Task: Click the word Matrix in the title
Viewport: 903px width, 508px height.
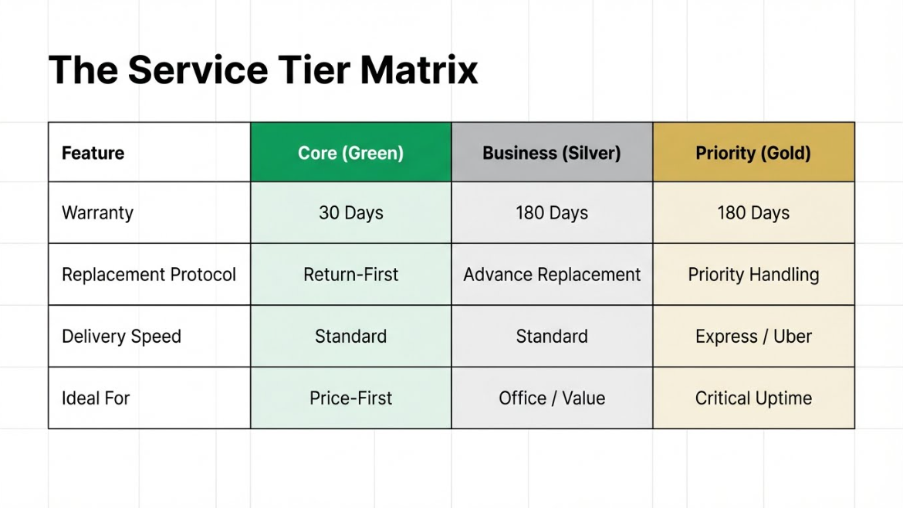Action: pyautogui.click(x=418, y=70)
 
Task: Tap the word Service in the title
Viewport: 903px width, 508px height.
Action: pyautogui.click(x=198, y=70)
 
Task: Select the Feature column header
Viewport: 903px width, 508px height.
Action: pyautogui.click(x=150, y=153)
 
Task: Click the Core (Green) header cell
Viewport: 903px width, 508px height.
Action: pyautogui.click(x=350, y=153)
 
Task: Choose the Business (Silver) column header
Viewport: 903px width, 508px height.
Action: pyautogui.click(x=552, y=153)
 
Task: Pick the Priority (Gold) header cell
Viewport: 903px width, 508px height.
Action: pyautogui.click(x=753, y=153)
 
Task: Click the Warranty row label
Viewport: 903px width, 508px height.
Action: pyautogui.click(x=150, y=212)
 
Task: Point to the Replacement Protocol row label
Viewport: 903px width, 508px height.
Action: pyautogui.click(x=150, y=274)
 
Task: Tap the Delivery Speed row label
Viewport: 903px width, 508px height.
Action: pyautogui.click(x=150, y=336)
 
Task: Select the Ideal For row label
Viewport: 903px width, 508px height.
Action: pyautogui.click(x=150, y=398)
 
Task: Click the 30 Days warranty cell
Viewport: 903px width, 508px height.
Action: pyautogui.click(x=350, y=212)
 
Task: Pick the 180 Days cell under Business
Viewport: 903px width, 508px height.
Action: pyautogui.click(x=552, y=212)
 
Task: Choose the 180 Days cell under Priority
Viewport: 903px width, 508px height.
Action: pyautogui.click(x=753, y=212)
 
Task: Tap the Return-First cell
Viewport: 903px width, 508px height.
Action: pyautogui.click(x=350, y=274)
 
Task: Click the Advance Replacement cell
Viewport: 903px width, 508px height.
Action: pyautogui.click(x=552, y=274)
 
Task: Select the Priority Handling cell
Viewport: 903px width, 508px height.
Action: pyautogui.click(x=753, y=274)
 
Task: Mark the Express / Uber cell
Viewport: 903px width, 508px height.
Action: pyautogui.click(x=753, y=336)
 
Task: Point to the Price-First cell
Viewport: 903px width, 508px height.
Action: pyautogui.click(x=350, y=398)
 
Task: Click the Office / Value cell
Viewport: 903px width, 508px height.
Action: pyautogui.click(x=552, y=398)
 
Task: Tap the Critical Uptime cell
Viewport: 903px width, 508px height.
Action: pyautogui.click(x=753, y=398)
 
